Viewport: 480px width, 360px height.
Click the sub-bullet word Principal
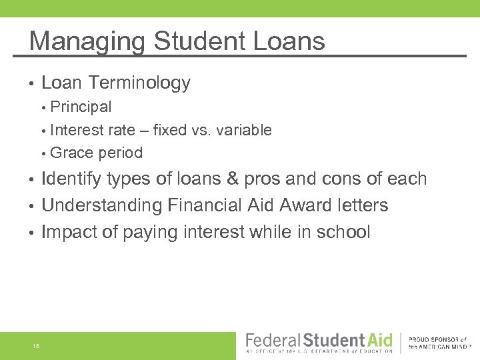click(x=81, y=107)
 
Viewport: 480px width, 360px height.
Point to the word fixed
click(x=170, y=130)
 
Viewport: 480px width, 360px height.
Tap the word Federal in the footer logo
click(x=273, y=339)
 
